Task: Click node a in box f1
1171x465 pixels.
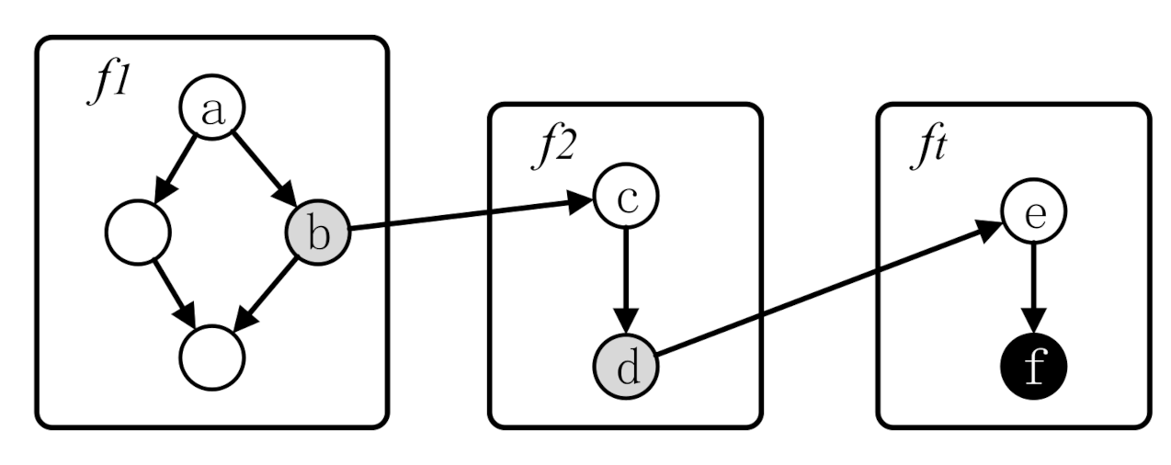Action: (212, 111)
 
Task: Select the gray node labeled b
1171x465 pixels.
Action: (318, 233)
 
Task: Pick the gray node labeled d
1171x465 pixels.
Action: (625, 367)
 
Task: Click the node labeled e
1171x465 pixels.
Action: (1033, 213)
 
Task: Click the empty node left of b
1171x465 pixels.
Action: (138, 232)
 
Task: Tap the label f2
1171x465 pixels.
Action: (554, 146)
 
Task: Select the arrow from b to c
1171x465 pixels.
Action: (469, 214)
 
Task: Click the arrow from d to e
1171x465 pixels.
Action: (827, 289)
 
